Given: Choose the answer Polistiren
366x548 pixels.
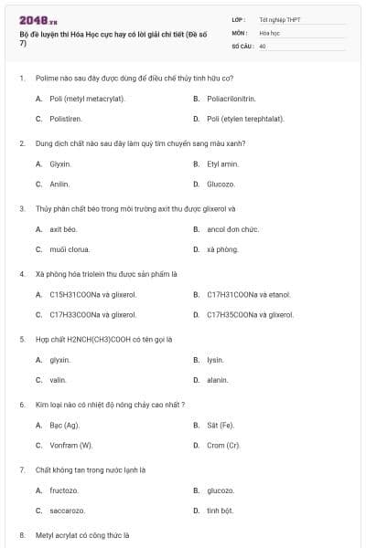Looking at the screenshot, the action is tap(65, 119).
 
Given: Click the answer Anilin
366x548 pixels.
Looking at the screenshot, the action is tap(59, 184).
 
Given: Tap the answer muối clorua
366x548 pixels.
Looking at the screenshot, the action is tap(70, 249).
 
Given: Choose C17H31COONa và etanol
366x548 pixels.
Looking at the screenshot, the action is tap(248, 294).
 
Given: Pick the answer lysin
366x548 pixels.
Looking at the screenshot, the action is tap(215, 360).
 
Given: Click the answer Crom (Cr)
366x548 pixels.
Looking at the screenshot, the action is tap(223, 445).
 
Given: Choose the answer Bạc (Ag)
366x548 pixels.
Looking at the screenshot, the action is tap(64, 425).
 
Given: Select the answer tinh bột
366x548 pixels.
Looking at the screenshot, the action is tap(220, 511).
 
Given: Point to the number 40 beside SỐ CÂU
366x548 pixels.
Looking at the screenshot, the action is tap(263, 45).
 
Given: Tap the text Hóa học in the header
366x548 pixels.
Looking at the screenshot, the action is tap(268, 31).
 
